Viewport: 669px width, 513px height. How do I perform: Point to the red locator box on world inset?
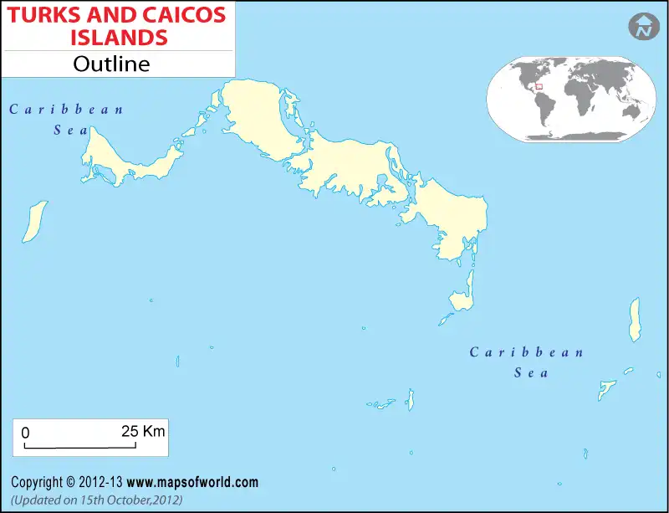[x=539, y=84]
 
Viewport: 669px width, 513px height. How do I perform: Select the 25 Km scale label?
[x=143, y=432]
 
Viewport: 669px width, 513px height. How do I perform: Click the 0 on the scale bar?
[x=25, y=433]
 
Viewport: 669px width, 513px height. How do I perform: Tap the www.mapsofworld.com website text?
[x=193, y=482]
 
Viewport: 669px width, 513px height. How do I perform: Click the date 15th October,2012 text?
[x=127, y=499]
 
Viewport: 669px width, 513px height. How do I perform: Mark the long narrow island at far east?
[x=635, y=319]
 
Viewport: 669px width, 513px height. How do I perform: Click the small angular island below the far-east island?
[x=606, y=390]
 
